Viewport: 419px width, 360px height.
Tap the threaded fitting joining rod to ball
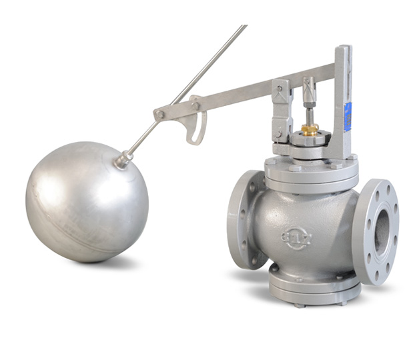coord(123,159)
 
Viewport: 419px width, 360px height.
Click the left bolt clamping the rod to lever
coord(160,115)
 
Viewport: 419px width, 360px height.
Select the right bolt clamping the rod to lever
coord(195,105)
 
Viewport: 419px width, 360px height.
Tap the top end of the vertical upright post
coord(342,51)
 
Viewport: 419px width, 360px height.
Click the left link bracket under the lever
coord(281,110)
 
